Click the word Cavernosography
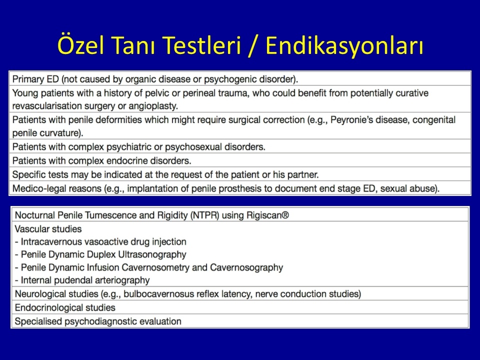click(x=246, y=267)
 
